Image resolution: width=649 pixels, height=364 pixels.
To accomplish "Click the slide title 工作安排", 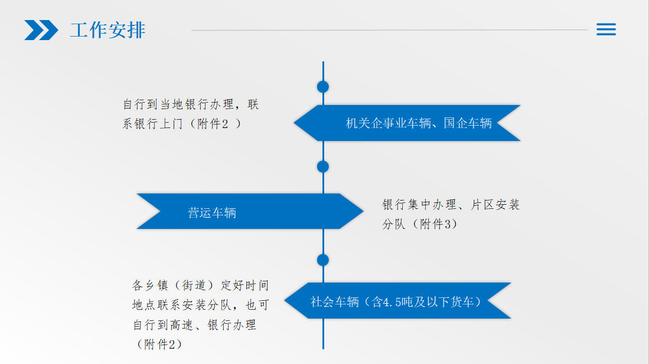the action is coord(107,30).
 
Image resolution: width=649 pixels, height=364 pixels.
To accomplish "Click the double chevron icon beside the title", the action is coord(41,30).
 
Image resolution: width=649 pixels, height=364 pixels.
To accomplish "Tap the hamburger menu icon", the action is coord(606,29).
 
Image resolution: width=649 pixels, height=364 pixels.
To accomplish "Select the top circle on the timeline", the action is coord(323,87).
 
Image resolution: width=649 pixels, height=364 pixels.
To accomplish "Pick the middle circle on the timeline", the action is coord(323,167).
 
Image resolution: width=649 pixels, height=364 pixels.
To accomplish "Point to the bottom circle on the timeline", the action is coord(323,260).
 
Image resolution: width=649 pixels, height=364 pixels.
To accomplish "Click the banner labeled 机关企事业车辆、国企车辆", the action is coord(407,123).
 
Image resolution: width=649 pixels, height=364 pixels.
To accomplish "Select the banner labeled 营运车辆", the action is coord(250,211).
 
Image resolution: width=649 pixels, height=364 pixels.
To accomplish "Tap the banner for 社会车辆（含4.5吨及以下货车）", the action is coord(397,301).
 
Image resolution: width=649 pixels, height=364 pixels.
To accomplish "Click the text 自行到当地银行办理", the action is coord(178,104).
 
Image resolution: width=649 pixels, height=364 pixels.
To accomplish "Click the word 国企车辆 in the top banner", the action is coord(468,123).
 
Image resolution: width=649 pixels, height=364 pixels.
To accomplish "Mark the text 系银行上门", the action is coord(152,124).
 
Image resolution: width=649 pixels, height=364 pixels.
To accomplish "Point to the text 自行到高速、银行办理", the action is coord(194,324).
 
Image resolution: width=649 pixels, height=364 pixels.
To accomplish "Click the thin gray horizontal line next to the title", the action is coord(390,29).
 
